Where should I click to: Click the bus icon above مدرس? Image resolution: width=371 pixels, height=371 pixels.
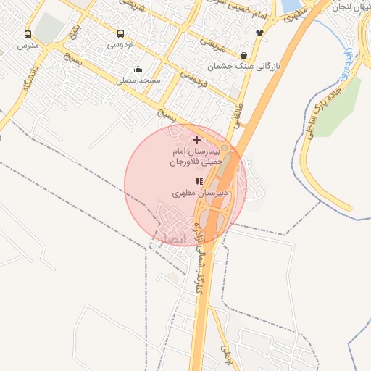coord(28,34)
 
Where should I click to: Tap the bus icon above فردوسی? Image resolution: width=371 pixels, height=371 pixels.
coord(120,33)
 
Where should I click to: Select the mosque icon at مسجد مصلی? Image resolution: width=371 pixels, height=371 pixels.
coord(138,70)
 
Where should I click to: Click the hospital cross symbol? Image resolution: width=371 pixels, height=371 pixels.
coord(197,138)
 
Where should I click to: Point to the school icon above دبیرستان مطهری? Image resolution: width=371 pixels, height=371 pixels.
coord(199,181)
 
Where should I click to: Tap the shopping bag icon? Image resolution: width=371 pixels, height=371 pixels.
coord(243,55)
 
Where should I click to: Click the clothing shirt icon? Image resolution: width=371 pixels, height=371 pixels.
coord(259,33)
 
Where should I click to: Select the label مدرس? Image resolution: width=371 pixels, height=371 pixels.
coord(28,45)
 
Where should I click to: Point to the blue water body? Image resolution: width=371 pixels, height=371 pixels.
coord(291,6)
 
